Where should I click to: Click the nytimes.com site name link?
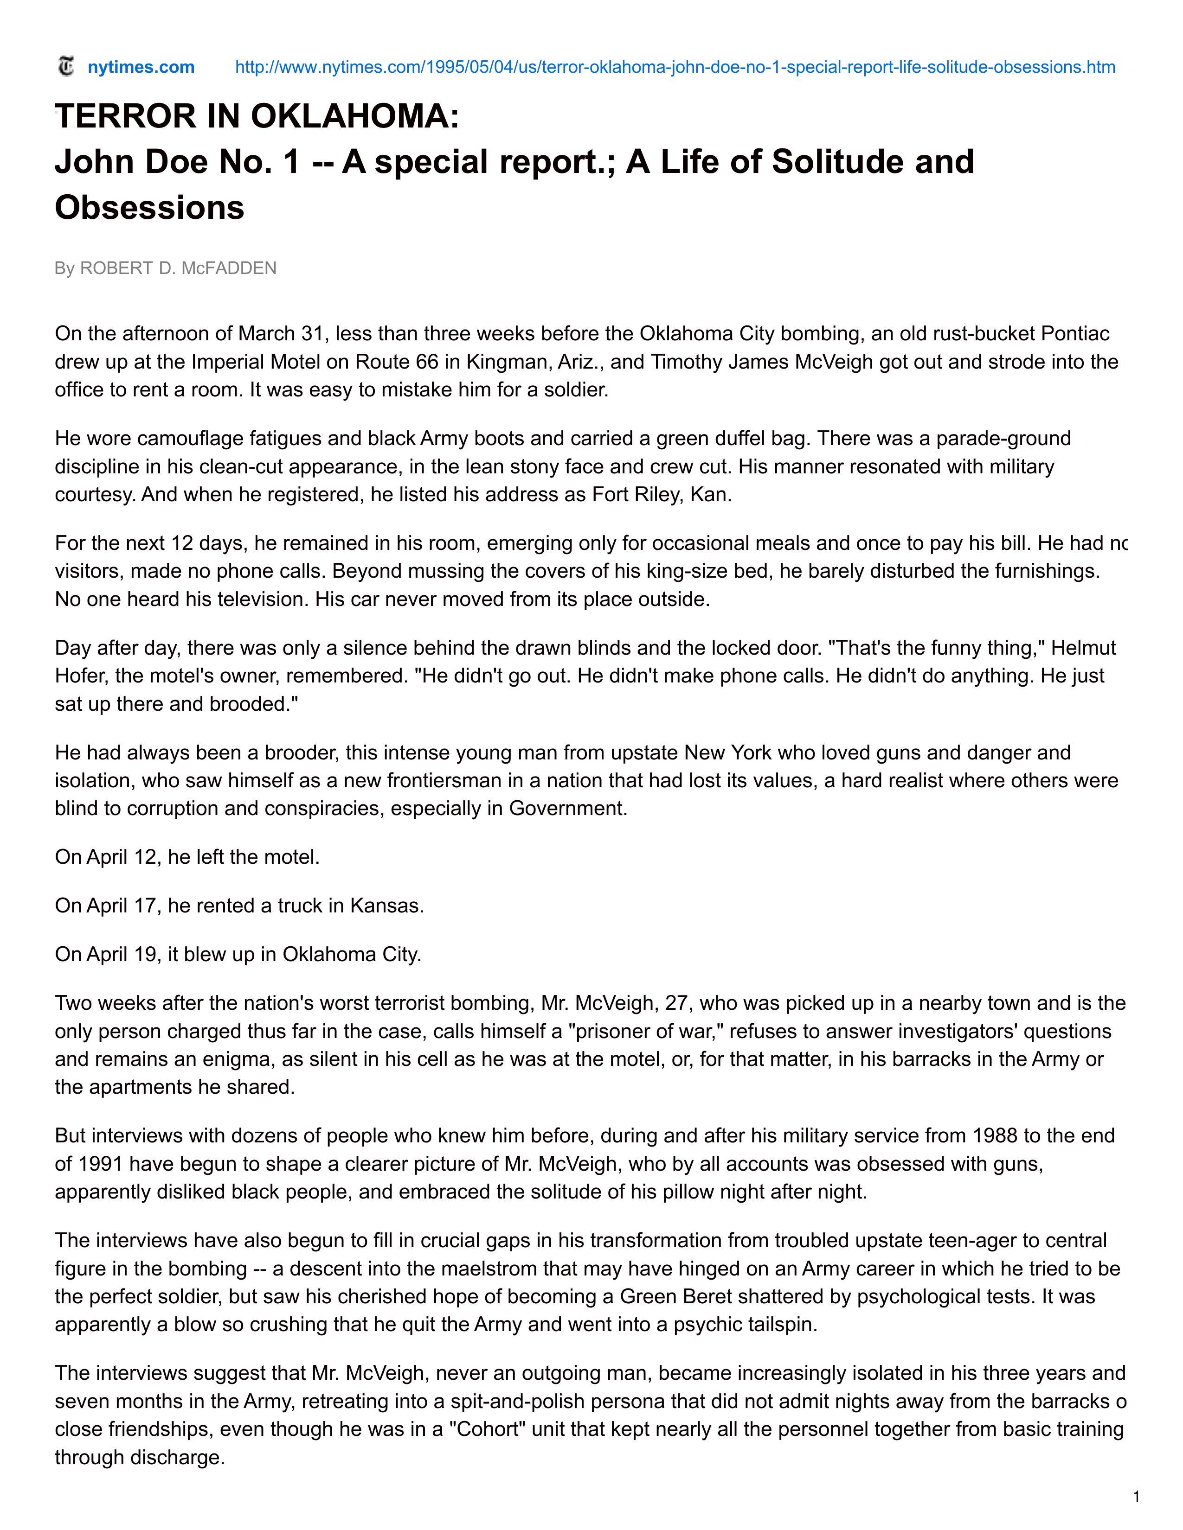(141, 67)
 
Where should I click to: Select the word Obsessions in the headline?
(149, 207)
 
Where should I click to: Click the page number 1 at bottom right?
(1136, 1497)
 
